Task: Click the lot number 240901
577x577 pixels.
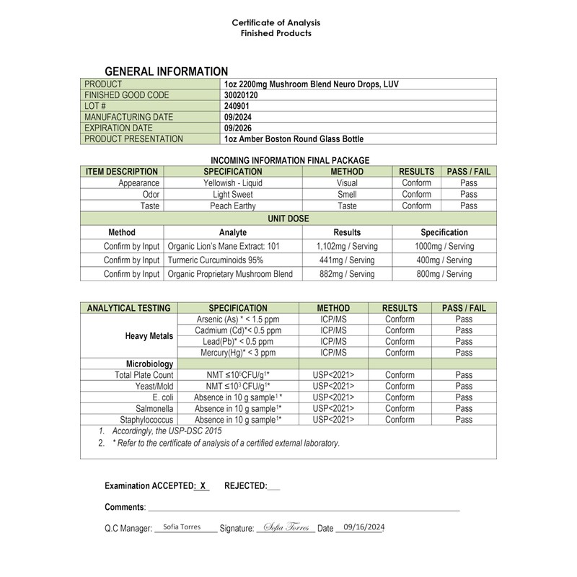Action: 237,106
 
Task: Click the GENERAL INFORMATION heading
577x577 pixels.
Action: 167,71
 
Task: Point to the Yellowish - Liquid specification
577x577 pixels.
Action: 232,183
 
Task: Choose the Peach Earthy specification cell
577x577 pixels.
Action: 232,206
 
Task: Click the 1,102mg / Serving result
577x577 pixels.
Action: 347,247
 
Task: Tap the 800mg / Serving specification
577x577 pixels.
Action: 444,274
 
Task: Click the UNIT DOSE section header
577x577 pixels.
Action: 288,218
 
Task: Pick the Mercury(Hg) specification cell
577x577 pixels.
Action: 237,353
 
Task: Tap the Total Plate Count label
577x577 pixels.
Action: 144,375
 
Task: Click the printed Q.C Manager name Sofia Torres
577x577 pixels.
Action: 182,527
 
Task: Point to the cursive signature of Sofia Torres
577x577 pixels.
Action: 286,528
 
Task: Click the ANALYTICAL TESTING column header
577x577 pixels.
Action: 129,308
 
